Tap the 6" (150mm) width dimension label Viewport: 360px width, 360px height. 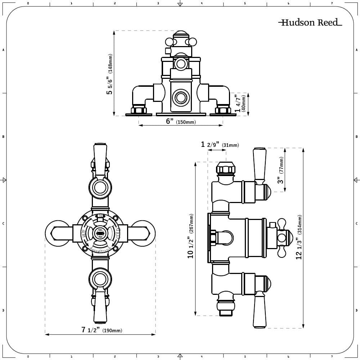[x=181, y=122]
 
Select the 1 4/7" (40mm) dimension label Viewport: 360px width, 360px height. [x=240, y=103]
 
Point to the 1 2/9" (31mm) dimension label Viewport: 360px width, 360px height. [x=220, y=145]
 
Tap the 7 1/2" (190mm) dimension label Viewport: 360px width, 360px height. [x=102, y=330]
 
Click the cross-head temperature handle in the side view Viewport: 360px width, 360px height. [x=284, y=237]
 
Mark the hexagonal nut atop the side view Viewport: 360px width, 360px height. [x=226, y=168]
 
